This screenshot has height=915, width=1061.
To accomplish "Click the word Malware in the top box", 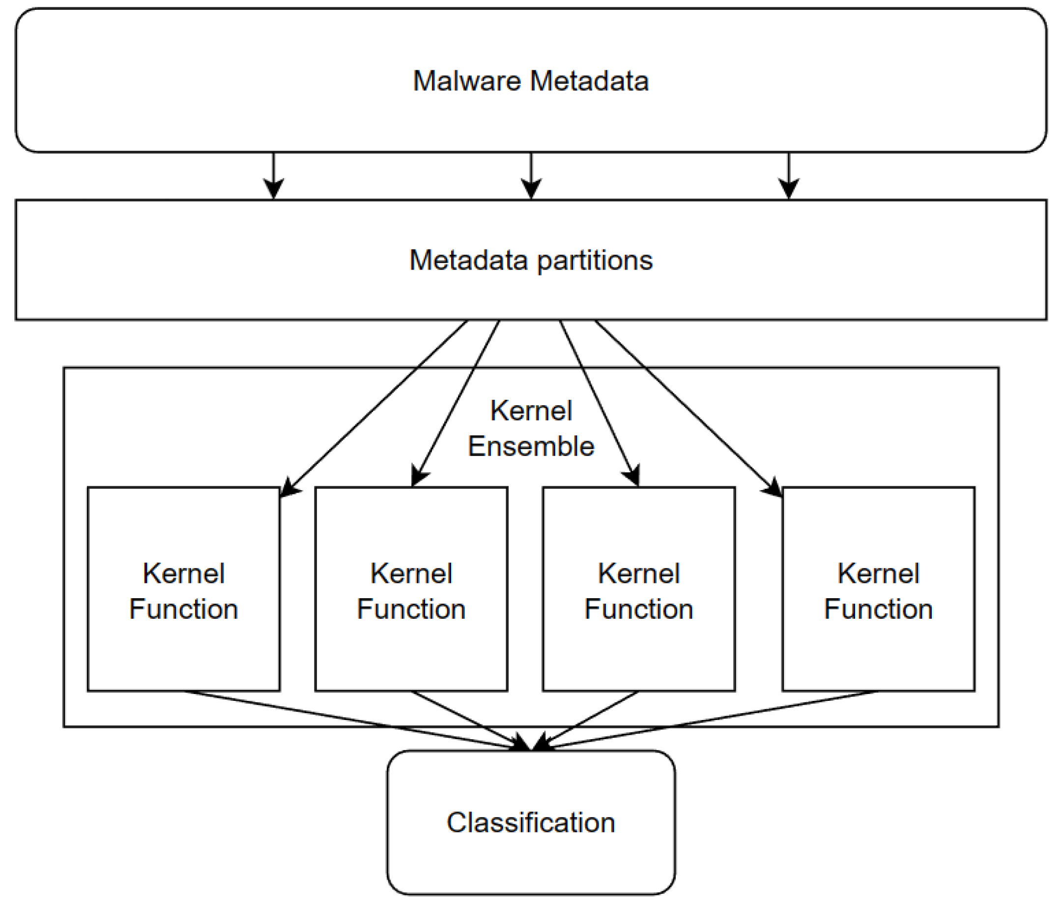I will coord(466,81).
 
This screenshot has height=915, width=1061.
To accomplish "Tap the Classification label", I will coord(531,822).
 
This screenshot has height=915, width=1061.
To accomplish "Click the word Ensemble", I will coord(531,446).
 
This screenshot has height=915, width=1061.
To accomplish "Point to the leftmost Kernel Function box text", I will coord(183,590).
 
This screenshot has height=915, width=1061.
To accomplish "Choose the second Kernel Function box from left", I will coord(411,590).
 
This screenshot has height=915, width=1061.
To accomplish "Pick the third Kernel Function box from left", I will coord(638,590).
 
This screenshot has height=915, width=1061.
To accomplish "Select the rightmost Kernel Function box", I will coord(878,590).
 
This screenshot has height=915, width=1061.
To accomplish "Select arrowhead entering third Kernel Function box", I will coord(634,476).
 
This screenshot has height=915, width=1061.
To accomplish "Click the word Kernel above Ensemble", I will coord(531,411).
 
